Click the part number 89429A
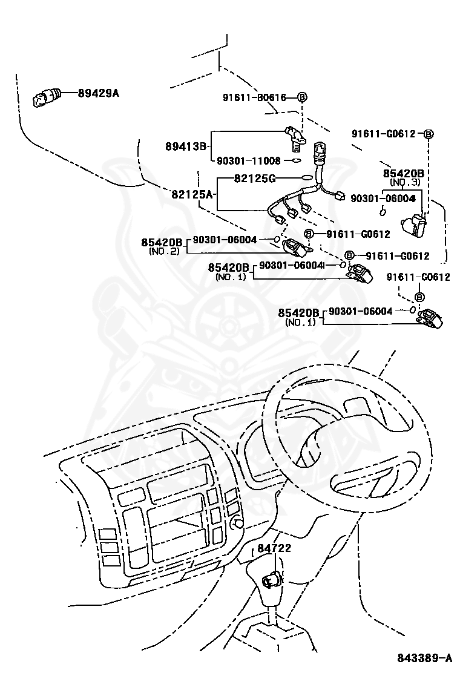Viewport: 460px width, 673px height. point(98,93)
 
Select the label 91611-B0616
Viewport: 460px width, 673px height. point(261,97)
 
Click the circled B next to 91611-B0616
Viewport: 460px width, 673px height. point(302,97)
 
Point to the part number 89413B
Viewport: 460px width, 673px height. point(186,146)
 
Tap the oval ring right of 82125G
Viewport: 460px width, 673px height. point(307,178)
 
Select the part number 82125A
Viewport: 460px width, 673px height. point(192,194)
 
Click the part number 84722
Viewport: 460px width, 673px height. point(274,548)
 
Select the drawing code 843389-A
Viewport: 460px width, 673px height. point(424,658)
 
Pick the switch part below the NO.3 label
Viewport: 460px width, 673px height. point(415,226)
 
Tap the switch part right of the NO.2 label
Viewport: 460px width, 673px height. point(294,246)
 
